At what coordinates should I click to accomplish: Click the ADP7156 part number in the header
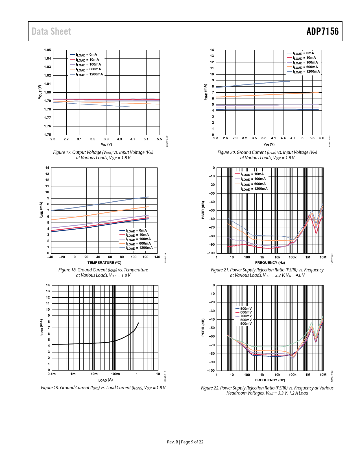(x=322, y=31)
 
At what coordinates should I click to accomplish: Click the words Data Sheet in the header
(x=51, y=31)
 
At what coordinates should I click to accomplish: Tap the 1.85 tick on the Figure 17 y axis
(x=47, y=50)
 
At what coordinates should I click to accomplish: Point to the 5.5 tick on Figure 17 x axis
(x=160, y=139)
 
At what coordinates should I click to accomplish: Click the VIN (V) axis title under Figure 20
(x=269, y=145)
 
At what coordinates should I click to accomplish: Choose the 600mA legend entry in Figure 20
(x=305, y=67)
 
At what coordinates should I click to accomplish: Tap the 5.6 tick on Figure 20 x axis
(x=322, y=138)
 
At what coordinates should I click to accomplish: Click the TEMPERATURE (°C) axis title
(x=104, y=263)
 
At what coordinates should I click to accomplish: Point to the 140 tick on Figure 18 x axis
(x=157, y=257)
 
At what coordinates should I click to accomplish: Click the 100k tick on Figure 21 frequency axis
(x=293, y=257)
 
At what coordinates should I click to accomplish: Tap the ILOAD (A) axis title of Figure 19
(x=105, y=380)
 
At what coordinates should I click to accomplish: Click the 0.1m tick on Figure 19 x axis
(x=52, y=374)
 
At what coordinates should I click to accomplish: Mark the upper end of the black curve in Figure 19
(x=138, y=323)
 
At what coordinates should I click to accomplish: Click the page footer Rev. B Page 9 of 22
(x=185, y=442)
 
